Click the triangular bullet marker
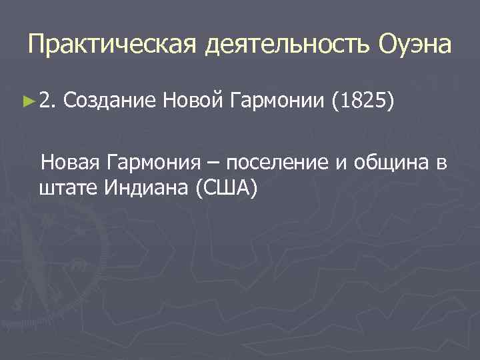coord(27,101)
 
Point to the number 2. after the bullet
coord(47,101)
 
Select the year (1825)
coord(363,101)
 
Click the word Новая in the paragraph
coord(71,163)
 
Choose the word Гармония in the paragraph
coord(161,163)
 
